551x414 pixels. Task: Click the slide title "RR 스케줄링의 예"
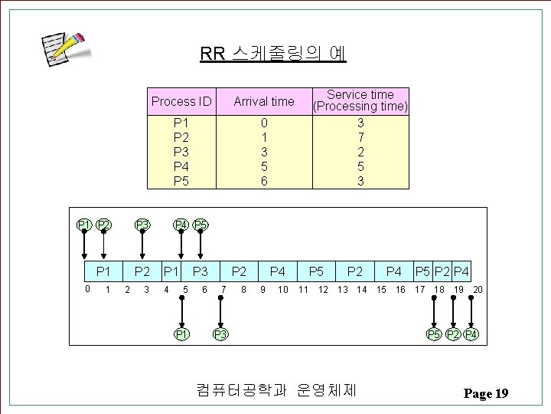pos(272,54)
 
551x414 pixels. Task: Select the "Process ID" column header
pos(181,101)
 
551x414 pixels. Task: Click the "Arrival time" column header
pos(263,101)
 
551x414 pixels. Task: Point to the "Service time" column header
pos(360,100)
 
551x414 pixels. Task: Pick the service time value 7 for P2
pos(360,137)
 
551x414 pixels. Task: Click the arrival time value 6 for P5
pos(263,181)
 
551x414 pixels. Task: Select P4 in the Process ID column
pos(181,166)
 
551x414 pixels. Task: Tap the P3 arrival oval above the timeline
pos(142,225)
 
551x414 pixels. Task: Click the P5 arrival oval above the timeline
pos(201,225)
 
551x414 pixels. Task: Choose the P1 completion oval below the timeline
pos(181,334)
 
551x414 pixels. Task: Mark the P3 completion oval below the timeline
pos(220,334)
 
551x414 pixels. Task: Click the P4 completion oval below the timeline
pos(472,334)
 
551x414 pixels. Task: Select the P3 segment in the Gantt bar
pos(201,271)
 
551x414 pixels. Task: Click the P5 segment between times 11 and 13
pos(316,271)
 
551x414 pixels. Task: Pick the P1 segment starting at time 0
pos(103,271)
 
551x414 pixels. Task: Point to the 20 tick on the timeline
pos(478,289)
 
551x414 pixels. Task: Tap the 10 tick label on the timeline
pos(283,289)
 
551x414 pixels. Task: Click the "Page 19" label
pos(486,394)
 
